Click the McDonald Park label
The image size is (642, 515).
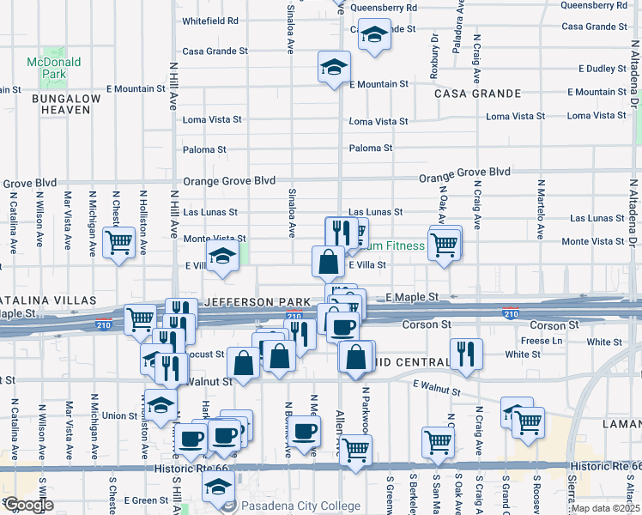point(53,68)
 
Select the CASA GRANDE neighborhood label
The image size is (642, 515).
point(478,93)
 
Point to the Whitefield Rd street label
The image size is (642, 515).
point(210,21)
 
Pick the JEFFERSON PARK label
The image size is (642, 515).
point(257,303)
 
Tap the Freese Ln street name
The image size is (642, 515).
point(539,341)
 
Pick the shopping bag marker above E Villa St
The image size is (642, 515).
point(329,261)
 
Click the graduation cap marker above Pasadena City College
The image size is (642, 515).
point(218,488)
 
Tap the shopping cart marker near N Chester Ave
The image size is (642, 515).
point(118,241)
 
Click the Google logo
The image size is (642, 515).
point(27,506)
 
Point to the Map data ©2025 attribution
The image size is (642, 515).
point(606,508)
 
